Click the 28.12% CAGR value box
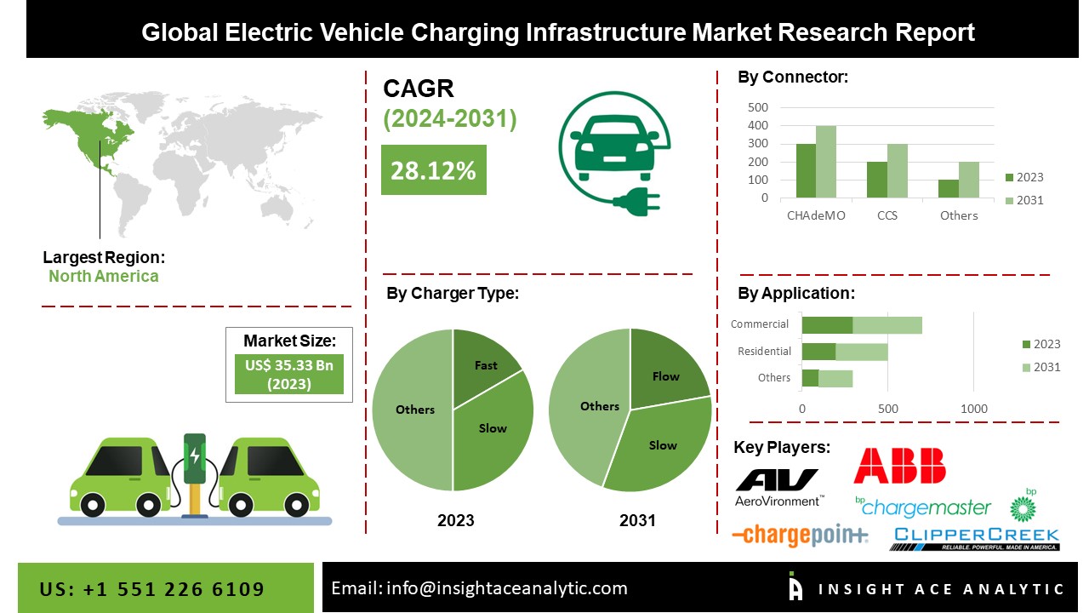pos(433,170)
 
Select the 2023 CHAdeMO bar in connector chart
pos(806,170)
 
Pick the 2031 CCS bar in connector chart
pos(898,170)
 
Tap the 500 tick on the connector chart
pos(758,107)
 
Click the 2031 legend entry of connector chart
pos(1024,200)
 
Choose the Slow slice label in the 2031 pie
pos(663,445)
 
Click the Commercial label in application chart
pos(760,324)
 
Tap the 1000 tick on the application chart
pos(974,409)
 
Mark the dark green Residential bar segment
pos(818,352)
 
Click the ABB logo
pos(899,466)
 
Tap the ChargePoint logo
pos(800,535)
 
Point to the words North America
pos(103,276)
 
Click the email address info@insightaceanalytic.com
pos(479,587)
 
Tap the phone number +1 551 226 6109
pos(151,589)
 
